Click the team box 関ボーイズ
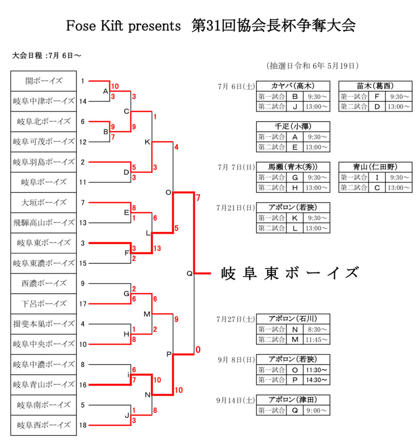[44, 81]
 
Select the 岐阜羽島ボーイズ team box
[44, 162]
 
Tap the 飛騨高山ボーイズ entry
[44, 222]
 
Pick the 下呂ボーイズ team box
[44, 303]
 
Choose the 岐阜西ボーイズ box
[44, 425]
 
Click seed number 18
[83, 425]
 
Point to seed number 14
[83, 101]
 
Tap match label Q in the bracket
[189, 273]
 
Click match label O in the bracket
[168, 192]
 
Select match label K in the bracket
[147, 142]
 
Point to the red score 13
[157, 248]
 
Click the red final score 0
[198, 350]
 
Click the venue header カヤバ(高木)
[293, 86]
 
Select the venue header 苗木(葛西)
[375, 86]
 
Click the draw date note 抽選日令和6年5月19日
[313, 65]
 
